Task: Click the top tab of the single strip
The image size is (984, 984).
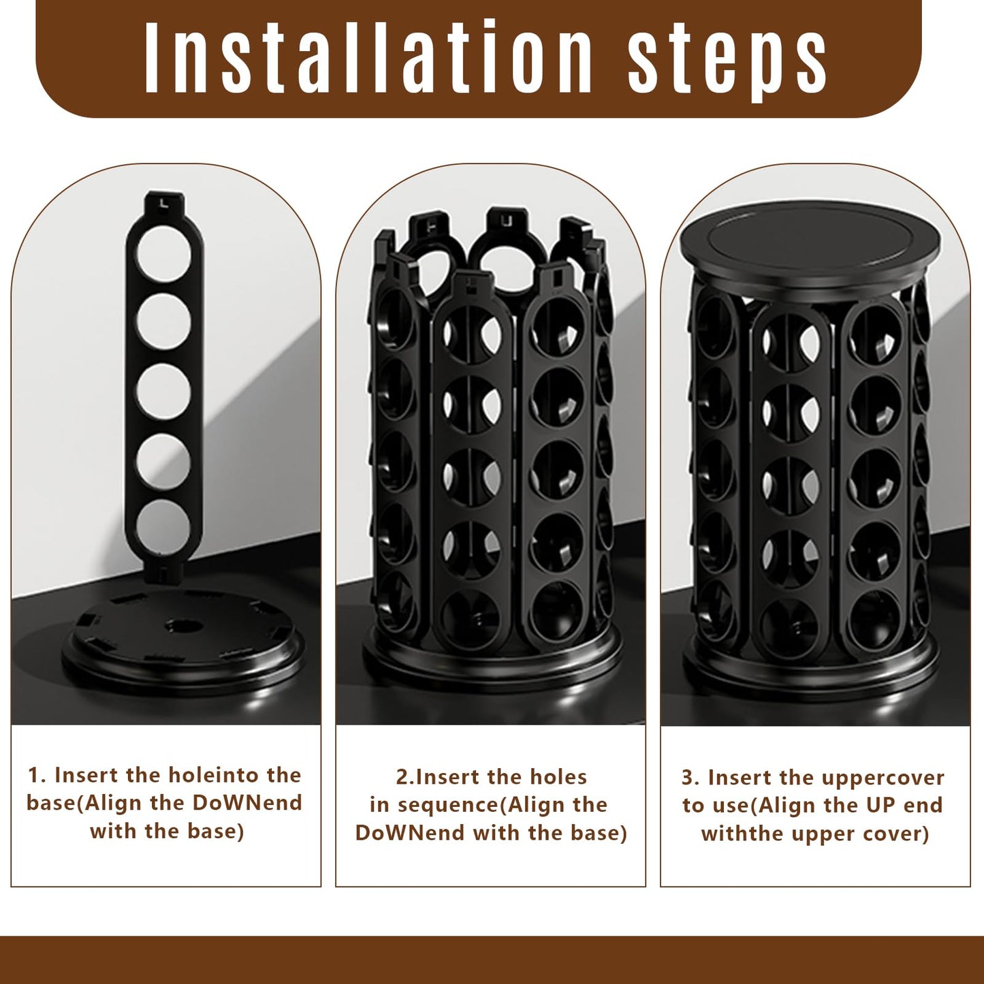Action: [x=163, y=202]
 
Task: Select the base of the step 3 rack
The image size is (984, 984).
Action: [x=810, y=671]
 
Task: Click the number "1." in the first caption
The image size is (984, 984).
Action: [x=37, y=776]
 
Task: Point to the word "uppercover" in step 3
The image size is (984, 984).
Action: [x=883, y=778]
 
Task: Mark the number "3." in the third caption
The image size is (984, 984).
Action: [x=691, y=778]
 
